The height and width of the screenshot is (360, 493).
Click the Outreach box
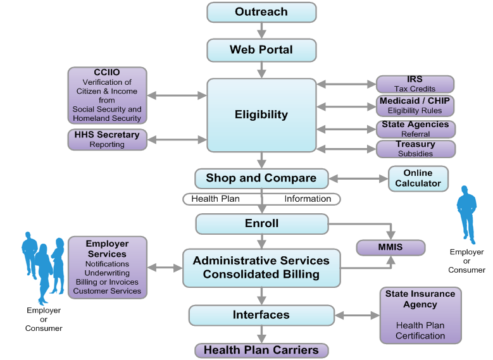click(x=261, y=12)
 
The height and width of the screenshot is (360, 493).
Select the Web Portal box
click(x=261, y=50)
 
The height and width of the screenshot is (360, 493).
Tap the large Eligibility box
click(x=261, y=115)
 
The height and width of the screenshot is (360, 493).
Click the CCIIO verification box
click(x=107, y=96)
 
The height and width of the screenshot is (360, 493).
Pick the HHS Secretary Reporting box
click(x=107, y=139)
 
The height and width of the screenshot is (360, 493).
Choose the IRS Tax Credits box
click(x=415, y=84)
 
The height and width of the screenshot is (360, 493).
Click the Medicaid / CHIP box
click(x=416, y=106)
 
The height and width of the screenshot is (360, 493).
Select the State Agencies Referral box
click(x=415, y=129)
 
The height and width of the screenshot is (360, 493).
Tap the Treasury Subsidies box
click(x=415, y=149)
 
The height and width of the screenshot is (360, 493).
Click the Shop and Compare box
click(x=261, y=178)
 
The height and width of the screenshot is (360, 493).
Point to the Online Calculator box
click(x=418, y=178)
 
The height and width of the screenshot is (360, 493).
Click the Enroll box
click(x=261, y=223)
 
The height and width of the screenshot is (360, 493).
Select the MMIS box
click(x=390, y=247)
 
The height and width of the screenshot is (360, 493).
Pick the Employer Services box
click(x=107, y=267)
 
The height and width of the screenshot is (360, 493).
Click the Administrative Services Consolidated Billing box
click(x=261, y=268)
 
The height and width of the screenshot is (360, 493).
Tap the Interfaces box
click(x=261, y=315)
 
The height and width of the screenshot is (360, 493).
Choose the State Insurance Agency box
click(x=420, y=315)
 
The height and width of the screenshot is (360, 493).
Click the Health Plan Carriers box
click(x=261, y=351)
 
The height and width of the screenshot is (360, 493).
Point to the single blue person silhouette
click(x=467, y=215)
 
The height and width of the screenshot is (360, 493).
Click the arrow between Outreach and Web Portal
click(x=261, y=31)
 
